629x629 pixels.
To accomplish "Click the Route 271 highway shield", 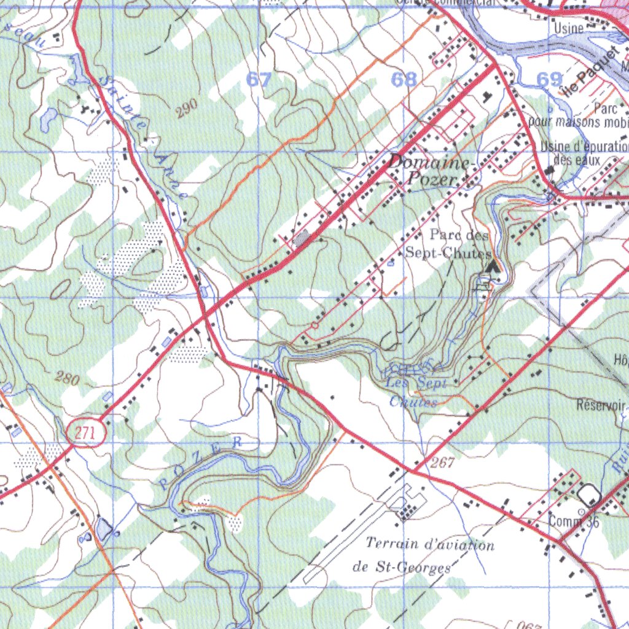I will [x=86, y=433].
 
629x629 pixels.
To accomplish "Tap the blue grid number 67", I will [x=259, y=79].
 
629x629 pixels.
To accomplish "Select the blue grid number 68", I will [x=404, y=79].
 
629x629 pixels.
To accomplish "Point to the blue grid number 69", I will [x=549, y=79].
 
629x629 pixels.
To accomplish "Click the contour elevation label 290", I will [x=186, y=108].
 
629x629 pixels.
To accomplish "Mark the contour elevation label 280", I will [x=66, y=378].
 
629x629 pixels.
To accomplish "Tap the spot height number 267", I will [x=442, y=463].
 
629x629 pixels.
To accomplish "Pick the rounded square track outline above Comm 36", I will [x=588, y=494].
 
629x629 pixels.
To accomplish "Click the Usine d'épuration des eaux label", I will [x=584, y=153].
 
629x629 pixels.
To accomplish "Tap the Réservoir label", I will [x=601, y=405].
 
